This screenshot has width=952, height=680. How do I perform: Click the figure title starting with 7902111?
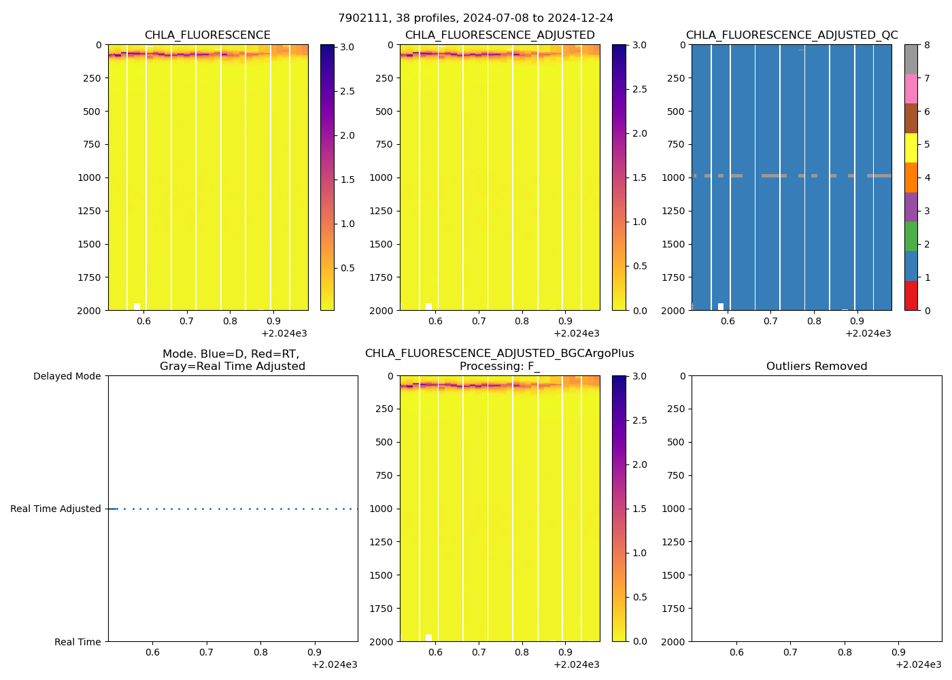click(x=475, y=18)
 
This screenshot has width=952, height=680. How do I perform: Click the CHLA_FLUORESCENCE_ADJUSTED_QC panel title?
click(x=792, y=35)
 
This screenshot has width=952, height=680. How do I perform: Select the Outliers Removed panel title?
click(x=816, y=367)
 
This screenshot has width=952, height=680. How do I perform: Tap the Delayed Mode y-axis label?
click(x=67, y=376)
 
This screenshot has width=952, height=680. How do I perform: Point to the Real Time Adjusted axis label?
click(x=56, y=509)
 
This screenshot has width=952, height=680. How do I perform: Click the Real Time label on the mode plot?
click(x=78, y=642)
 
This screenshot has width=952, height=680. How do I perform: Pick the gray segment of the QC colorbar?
click(x=911, y=59)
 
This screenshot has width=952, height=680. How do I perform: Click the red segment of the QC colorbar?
click(x=911, y=296)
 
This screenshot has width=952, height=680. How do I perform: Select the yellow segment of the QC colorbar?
click(x=911, y=148)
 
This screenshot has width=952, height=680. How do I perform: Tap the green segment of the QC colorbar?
click(x=911, y=237)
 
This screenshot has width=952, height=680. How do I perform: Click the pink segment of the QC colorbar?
click(x=911, y=88)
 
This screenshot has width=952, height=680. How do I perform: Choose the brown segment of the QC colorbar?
click(x=911, y=118)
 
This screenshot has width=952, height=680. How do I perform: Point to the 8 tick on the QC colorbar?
click(x=927, y=45)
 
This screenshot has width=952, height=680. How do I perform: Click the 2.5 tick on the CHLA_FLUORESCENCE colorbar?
click(x=347, y=91)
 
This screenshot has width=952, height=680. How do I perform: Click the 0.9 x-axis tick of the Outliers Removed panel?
click(x=898, y=652)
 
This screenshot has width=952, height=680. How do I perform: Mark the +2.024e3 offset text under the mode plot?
click(x=334, y=664)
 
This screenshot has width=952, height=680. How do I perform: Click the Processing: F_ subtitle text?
click(x=499, y=367)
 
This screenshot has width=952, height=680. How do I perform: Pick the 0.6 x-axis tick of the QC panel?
click(x=728, y=321)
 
